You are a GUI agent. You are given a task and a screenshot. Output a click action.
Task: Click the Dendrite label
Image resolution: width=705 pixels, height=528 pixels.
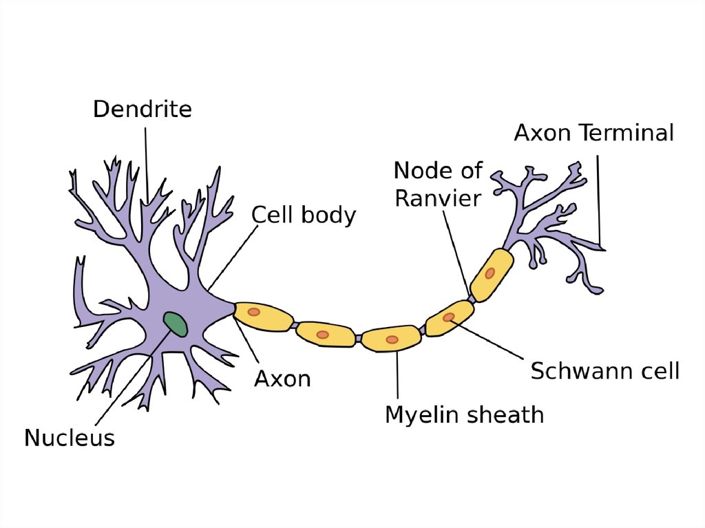pyautogui.click(x=143, y=109)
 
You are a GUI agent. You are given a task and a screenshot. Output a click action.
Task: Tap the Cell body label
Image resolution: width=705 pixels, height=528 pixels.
pyautogui.click(x=303, y=215)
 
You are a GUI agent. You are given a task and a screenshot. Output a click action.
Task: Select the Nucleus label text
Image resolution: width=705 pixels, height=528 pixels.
pyautogui.click(x=70, y=438)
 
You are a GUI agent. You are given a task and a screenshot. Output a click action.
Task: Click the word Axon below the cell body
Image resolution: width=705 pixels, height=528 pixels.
pyautogui.click(x=282, y=378)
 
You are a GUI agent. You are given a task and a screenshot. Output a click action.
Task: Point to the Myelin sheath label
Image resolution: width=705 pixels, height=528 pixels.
pyautogui.click(x=464, y=415)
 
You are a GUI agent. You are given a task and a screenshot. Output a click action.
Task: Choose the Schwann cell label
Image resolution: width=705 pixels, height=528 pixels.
pyautogui.click(x=604, y=371)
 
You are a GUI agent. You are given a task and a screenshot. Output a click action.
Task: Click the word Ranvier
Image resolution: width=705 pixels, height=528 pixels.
pyautogui.click(x=437, y=198)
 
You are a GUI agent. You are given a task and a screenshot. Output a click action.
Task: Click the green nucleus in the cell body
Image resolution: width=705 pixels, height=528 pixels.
pyautogui.click(x=175, y=324)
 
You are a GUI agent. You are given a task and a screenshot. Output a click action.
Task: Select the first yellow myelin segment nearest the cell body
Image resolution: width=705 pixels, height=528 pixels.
pyautogui.click(x=260, y=315)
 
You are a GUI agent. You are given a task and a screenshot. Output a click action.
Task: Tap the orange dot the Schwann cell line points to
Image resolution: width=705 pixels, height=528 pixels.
pyautogui.click(x=449, y=317)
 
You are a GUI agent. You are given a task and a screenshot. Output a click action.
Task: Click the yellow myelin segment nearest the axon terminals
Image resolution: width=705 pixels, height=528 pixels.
pyautogui.click(x=491, y=274)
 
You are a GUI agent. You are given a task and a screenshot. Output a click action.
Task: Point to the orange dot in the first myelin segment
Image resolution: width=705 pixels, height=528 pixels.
pyautogui.click(x=253, y=312)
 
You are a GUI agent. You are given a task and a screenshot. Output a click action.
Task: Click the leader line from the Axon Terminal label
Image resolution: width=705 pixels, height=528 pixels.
pyautogui.click(x=600, y=200)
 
